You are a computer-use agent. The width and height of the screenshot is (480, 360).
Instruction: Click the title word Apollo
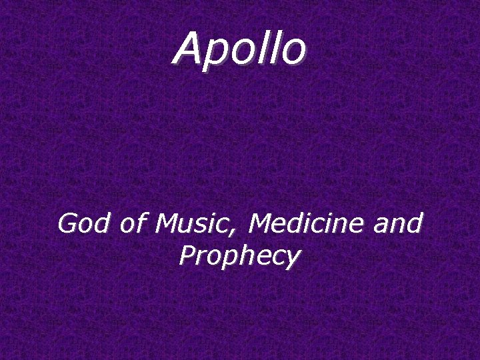(x=240, y=49)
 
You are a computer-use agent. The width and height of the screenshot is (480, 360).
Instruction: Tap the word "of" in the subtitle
(x=133, y=223)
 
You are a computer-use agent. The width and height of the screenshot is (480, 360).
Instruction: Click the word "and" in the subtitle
(x=398, y=223)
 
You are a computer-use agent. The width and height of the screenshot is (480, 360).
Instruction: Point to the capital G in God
(x=67, y=223)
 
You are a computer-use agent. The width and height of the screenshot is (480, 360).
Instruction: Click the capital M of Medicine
(x=259, y=223)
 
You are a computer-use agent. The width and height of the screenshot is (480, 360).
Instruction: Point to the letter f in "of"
(x=140, y=223)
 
